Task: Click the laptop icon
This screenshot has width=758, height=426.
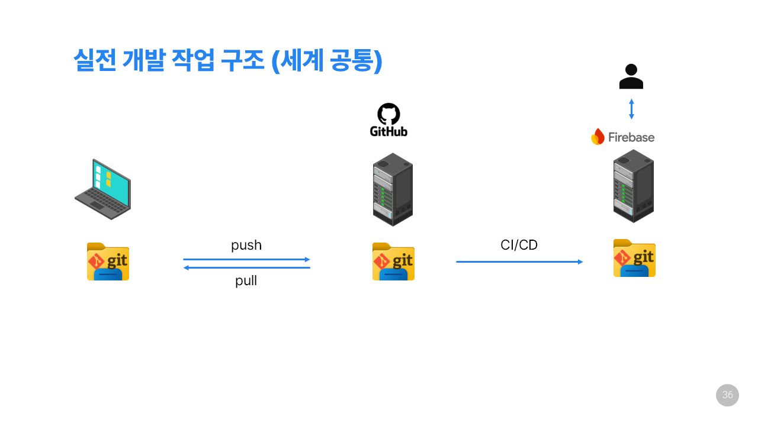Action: point(103,189)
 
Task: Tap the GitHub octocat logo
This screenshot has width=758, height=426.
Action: point(388,114)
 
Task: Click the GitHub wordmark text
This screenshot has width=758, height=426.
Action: point(388,131)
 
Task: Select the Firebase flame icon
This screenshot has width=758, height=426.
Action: point(598,137)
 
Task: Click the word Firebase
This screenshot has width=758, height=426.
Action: point(631,137)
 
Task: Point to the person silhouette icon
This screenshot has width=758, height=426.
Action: point(631,76)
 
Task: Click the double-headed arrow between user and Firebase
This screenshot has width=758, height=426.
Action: point(631,109)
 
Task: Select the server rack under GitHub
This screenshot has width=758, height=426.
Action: point(393,189)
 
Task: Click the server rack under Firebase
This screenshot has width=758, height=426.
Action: point(633,186)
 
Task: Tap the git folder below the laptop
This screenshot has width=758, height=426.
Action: point(108,261)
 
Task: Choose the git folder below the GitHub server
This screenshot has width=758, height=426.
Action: point(393,261)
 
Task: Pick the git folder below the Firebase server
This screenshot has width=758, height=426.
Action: point(634,257)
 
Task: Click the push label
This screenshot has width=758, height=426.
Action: point(246,245)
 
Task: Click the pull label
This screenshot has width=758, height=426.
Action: point(246,280)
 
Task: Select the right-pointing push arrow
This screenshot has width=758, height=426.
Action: point(246,259)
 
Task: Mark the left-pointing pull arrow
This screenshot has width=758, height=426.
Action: point(246,268)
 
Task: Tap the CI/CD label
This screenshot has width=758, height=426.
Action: point(519,245)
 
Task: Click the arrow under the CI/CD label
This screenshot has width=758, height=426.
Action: point(519,262)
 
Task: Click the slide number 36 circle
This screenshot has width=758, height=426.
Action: point(727,395)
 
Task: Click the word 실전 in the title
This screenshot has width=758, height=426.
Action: point(95,60)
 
